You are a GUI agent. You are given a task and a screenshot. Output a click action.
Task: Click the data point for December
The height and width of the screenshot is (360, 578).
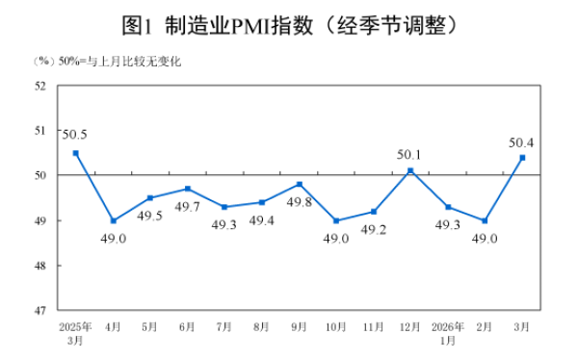tap(410, 170)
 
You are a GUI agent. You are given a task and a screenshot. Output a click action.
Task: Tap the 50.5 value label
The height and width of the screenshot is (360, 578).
tap(76, 134)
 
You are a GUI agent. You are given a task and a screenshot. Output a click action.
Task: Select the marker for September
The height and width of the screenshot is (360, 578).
tap(299, 184)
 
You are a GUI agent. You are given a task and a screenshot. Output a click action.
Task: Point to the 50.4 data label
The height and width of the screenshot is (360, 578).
tap(521, 143)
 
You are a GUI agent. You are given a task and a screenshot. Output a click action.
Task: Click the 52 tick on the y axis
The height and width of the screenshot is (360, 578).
tap(41, 85)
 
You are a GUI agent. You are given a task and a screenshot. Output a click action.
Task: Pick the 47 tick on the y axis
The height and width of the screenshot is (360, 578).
tap(41, 310)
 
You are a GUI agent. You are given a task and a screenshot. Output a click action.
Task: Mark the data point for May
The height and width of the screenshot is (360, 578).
tap(150, 197)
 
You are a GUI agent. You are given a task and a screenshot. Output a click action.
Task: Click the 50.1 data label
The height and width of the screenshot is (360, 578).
tap(410, 152)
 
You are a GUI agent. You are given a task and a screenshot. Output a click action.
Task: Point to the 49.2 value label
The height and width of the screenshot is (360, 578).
tap(373, 231)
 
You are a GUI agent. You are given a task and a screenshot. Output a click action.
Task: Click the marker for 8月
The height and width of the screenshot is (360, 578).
tap(261, 202)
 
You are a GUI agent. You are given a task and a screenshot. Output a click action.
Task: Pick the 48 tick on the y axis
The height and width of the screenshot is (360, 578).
tap(41, 265)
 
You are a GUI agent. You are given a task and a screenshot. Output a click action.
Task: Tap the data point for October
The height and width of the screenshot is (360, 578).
tap(336, 220)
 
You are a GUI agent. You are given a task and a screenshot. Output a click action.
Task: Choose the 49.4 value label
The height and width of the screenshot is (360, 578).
tap(261, 221)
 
